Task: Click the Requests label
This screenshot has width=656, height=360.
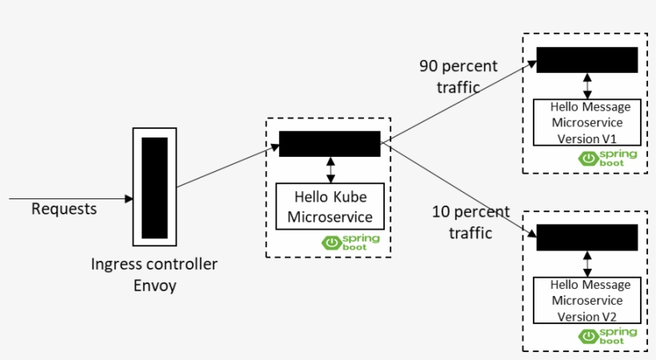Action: click(64, 210)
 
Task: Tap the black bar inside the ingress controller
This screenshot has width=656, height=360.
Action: click(154, 187)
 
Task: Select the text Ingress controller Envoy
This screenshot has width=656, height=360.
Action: click(154, 274)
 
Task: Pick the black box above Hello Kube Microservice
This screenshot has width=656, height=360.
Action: click(330, 144)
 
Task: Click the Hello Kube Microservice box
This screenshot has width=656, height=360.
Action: click(330, 206)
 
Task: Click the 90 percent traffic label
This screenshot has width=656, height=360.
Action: click(458, 76)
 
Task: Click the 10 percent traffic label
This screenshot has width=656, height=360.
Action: click(470, 222)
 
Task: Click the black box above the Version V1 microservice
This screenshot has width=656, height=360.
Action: click(586, 60)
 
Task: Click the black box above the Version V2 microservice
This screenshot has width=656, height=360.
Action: click(586, 238)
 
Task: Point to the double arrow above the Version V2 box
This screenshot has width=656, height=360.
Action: click(588, 263)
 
